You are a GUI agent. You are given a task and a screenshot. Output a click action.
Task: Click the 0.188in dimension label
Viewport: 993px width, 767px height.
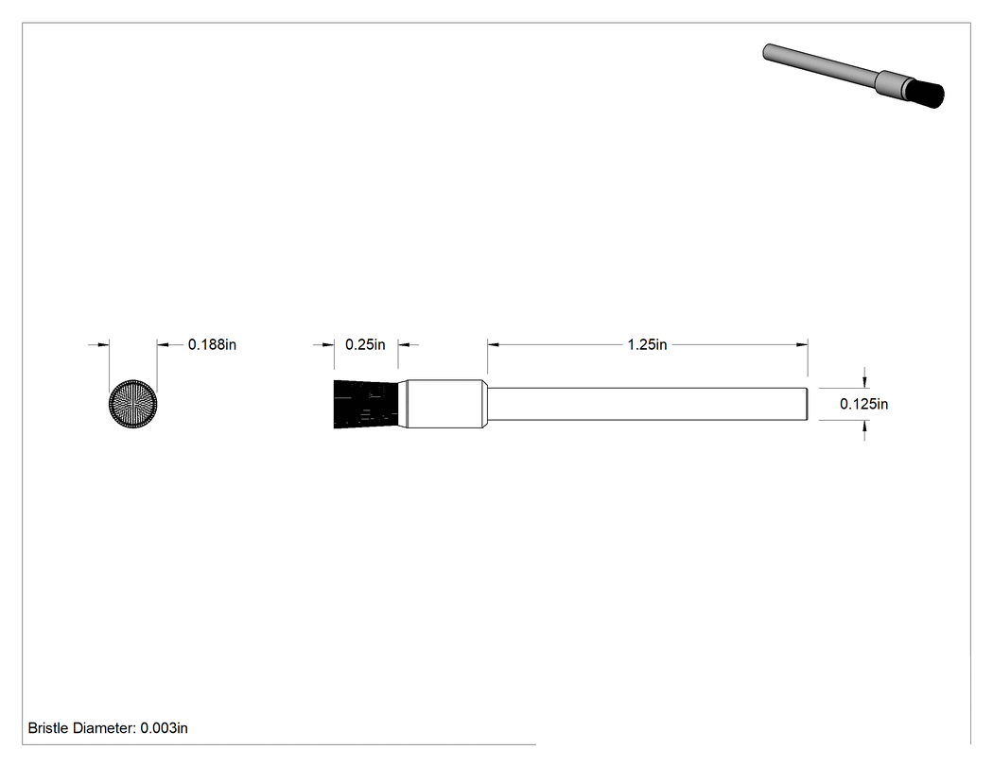tap(212, 344)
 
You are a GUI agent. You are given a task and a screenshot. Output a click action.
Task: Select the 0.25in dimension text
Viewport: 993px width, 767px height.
tap(365, 344)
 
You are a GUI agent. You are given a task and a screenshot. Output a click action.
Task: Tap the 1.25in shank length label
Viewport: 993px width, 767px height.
tap(647, 344)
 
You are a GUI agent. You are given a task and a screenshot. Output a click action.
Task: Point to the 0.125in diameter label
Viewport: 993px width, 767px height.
tap(863, 404)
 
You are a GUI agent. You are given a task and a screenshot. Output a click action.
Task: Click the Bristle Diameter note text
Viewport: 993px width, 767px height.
tap(108, 727)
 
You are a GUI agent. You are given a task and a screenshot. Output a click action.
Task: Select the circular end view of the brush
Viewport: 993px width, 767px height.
tap(133, 404)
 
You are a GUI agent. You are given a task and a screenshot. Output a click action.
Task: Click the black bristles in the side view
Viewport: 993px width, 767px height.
tap(366, 404)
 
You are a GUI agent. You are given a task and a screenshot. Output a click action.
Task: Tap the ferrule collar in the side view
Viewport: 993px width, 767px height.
tap(445, 404)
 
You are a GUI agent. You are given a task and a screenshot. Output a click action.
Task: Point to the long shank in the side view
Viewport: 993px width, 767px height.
tap(647, 404)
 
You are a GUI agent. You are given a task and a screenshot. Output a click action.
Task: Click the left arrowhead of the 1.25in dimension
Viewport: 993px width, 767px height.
tap(494, 344)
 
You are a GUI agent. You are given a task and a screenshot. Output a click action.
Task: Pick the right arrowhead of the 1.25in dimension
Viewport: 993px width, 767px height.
tap(802, 344)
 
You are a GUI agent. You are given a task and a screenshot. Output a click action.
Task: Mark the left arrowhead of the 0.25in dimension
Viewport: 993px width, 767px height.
tap(328, 344)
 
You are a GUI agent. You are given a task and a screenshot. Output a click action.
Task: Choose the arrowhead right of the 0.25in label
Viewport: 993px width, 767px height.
tap(404, 344)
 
